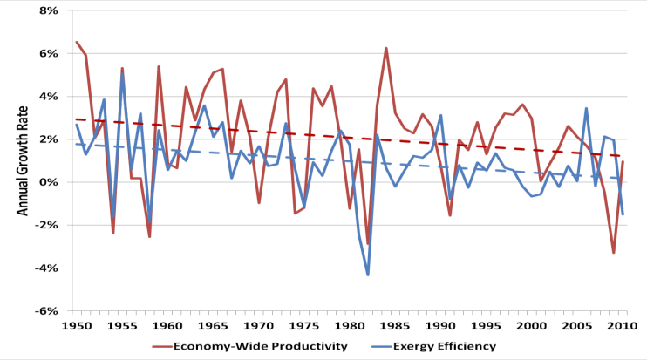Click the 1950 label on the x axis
click(76, 325)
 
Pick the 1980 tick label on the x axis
click(350, 325)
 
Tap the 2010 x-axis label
click(623, 325)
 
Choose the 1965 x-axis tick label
click(213, 325)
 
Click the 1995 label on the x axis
click(486, 325)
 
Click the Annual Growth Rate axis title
click(22, 161)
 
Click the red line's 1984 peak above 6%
click(385, 48)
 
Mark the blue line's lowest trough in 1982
click(368, 275)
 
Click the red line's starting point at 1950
click(77, 42)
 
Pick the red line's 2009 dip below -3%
click(614, 253)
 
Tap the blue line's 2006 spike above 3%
click(587, 109)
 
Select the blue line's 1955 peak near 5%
click(122, 75)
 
